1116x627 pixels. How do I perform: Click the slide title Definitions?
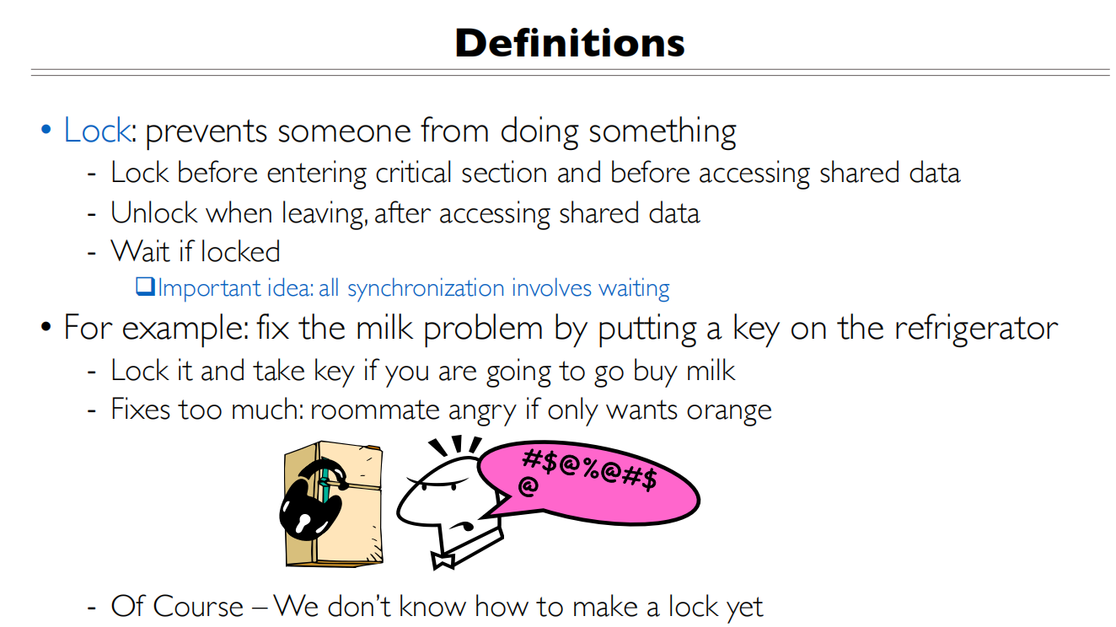pos(570,43)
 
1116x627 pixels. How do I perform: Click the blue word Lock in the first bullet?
pos(97,131)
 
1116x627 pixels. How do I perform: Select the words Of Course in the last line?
pos(177,606)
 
